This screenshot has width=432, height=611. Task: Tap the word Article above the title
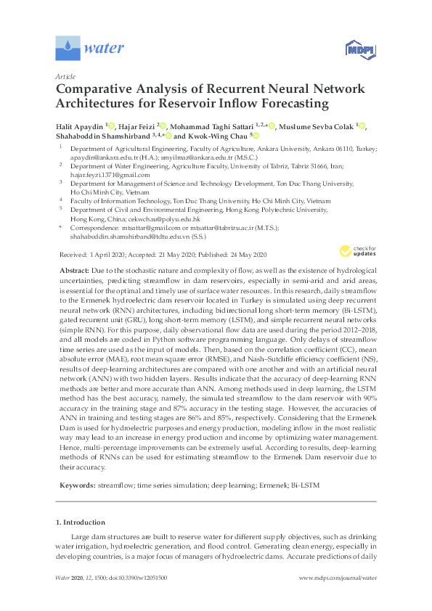[x=65, y=75]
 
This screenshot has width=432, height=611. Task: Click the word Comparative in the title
[x=99, y=90]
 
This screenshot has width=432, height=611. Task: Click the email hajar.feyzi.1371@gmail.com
[x=110, y=174]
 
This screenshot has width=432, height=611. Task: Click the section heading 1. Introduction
[x=80, y=522]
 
